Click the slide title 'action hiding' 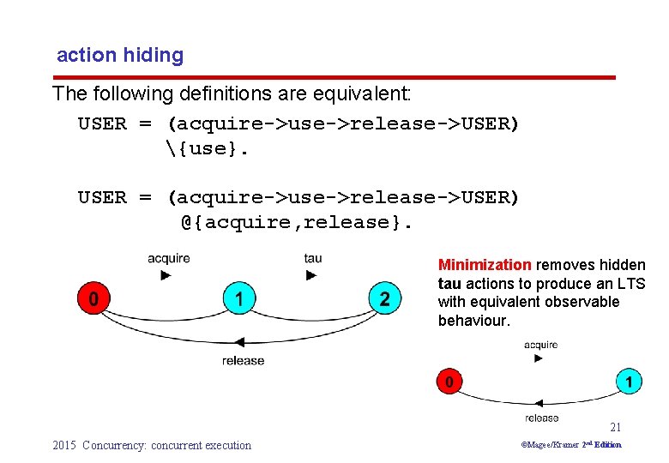pyautogui.click(x=120, y=56)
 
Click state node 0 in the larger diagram pyautogui.click(x=93, y=299)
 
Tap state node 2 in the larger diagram pyautogui.click(x=384, y=299)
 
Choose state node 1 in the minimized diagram pyautogui.click(x=629, y=380)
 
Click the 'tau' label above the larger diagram pyautogui.click(x=313, y=258)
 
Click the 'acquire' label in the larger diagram pyautogui.click(x=169, y=258)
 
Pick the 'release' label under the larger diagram pyautogui.click(x=243, y=361)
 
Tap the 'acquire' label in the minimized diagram pyautogui.click(x=540, y=345)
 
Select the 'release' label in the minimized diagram pyautogui.click(x=541, y=418)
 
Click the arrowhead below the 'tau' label pyautogui.click(x=312, y=275)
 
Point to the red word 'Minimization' pyautogui.click(x=485, y=265)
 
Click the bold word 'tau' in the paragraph pyautogui.click(x=449, y=283)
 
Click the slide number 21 pyautogui.click(x=615, y=427)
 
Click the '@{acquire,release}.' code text pyautogui.click(x=297, y=223)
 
